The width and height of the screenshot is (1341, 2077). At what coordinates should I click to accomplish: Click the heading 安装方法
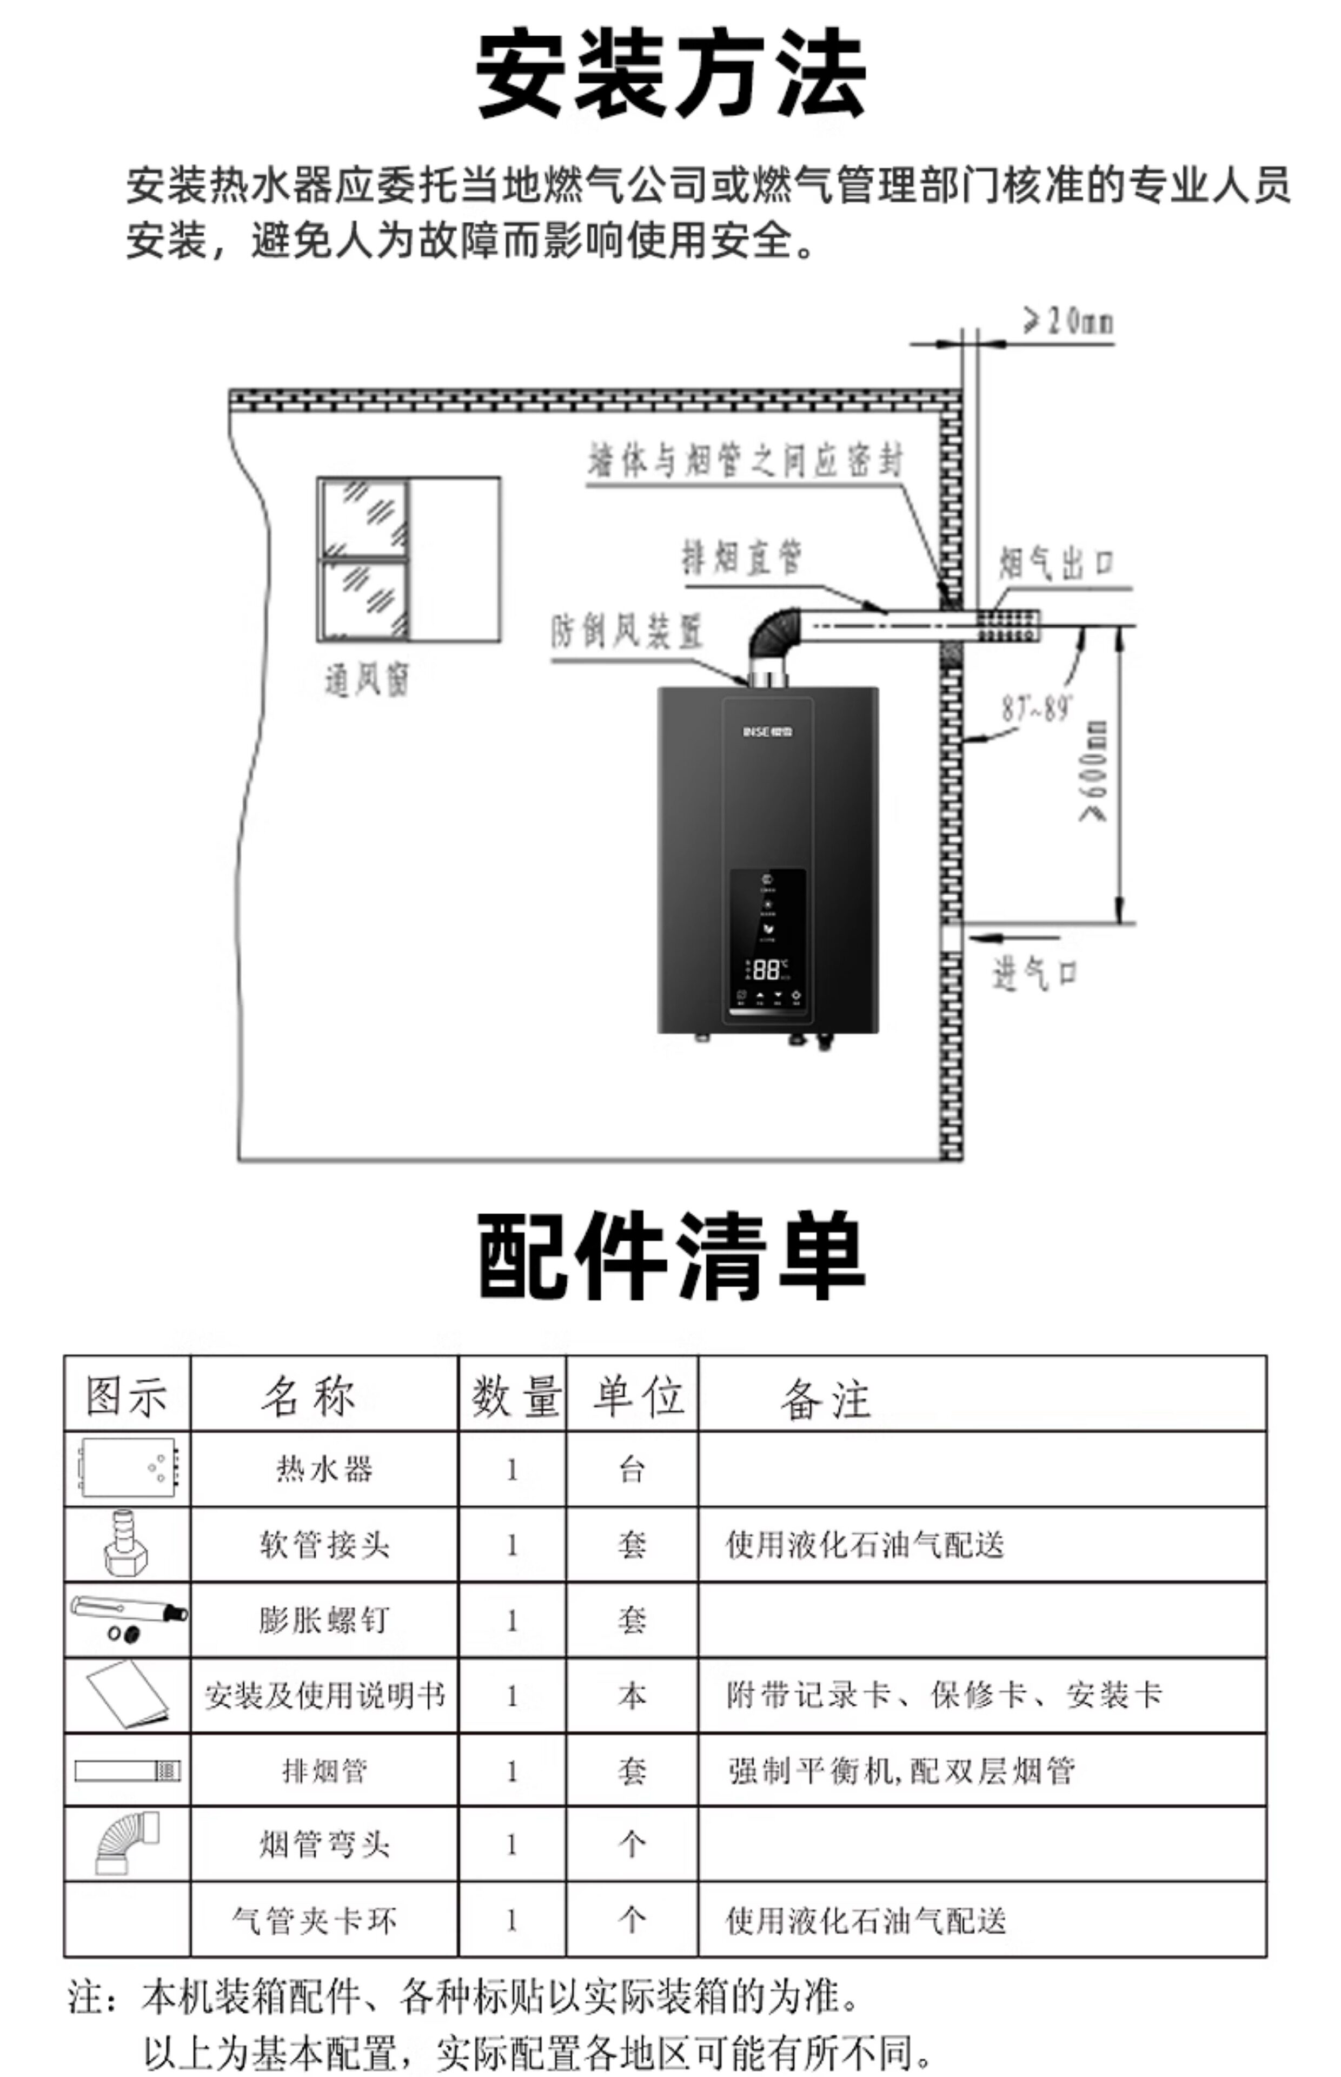[670, 74]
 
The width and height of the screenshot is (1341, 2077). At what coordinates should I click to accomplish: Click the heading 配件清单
[670, 1256]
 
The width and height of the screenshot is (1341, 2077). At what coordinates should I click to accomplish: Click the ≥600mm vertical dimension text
[1094, 771]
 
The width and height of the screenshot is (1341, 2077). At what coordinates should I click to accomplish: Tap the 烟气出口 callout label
[1055, 564]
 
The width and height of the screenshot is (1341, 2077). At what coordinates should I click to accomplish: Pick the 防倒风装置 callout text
[626, 631]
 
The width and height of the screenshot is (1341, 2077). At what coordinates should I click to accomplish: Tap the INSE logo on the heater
[767, 731]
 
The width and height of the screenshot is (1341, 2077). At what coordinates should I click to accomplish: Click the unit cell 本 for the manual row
[632, 1695]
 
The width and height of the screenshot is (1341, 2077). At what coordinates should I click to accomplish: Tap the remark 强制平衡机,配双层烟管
[901, 1770]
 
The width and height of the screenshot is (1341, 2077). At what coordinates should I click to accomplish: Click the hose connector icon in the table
[127, 1544]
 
